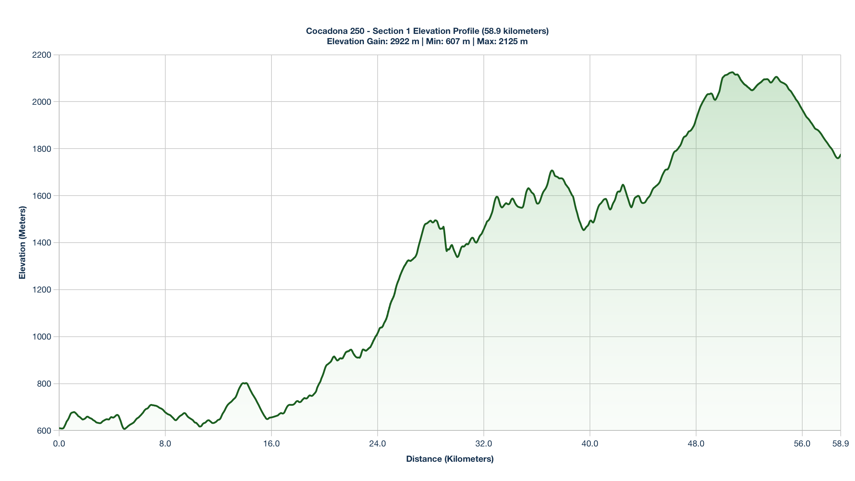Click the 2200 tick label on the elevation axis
click(42, 55)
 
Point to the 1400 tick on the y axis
click(42, 243)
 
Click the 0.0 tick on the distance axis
click(59, 444)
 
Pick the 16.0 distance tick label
click(271, 444)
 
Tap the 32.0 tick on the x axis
click(484, 444)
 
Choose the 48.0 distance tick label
click(696, 444)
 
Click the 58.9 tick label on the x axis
click(840, 444)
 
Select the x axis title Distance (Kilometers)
click(450, 459)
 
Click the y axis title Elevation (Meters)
click(22, 243)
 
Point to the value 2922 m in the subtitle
click(405, 41)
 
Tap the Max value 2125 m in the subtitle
click(513, 41)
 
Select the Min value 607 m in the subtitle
click(458, 41)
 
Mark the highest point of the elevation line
click(732, 72)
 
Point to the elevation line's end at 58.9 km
click(840, 155)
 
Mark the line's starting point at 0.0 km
click(59, 428)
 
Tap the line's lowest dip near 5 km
click(124, 429)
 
